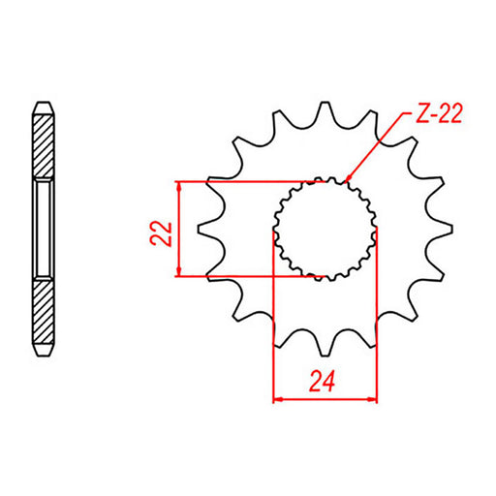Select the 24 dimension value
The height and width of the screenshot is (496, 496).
point(325,382)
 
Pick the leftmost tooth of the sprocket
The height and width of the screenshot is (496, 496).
point(205,229)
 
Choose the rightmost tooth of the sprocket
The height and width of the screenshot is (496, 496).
point(444,229)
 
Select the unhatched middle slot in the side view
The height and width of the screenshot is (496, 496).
point(45,229)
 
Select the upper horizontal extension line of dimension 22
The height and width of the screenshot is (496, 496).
point(242,181)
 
